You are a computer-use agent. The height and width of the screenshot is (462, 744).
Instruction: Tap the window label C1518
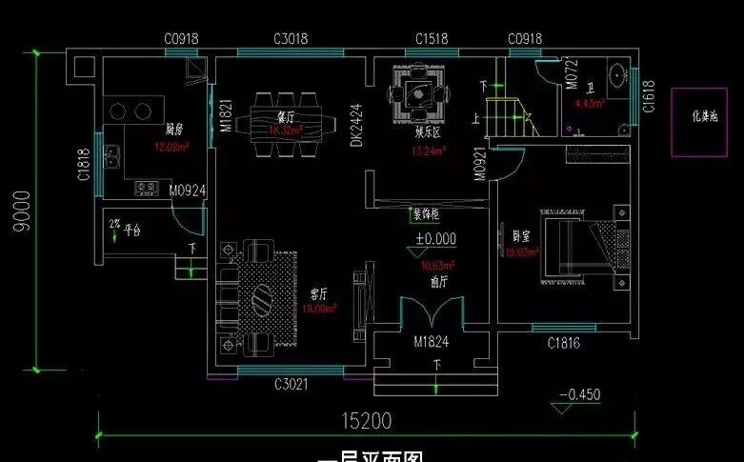click(432, 39)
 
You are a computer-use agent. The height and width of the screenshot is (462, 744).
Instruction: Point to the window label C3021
click(291, 384)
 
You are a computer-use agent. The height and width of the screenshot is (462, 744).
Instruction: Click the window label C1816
click(563, 342)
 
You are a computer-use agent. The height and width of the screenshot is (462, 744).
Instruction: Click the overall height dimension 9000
click(19, 214)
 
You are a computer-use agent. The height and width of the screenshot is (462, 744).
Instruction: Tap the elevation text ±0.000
click(434, 239)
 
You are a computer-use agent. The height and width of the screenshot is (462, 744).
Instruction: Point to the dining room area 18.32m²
click(285, 131)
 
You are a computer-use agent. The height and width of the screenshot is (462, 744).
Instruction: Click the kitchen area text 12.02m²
click(171, 147)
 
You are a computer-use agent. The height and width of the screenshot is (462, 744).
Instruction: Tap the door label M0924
click(187, 190)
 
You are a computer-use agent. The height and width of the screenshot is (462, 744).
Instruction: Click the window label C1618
click(649, 96)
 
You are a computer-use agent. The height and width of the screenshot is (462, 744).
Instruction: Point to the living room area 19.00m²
click(320, 309)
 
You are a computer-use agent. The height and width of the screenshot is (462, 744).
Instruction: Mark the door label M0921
click(480, 165)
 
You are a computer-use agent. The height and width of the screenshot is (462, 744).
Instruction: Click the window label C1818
click(85, 164)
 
